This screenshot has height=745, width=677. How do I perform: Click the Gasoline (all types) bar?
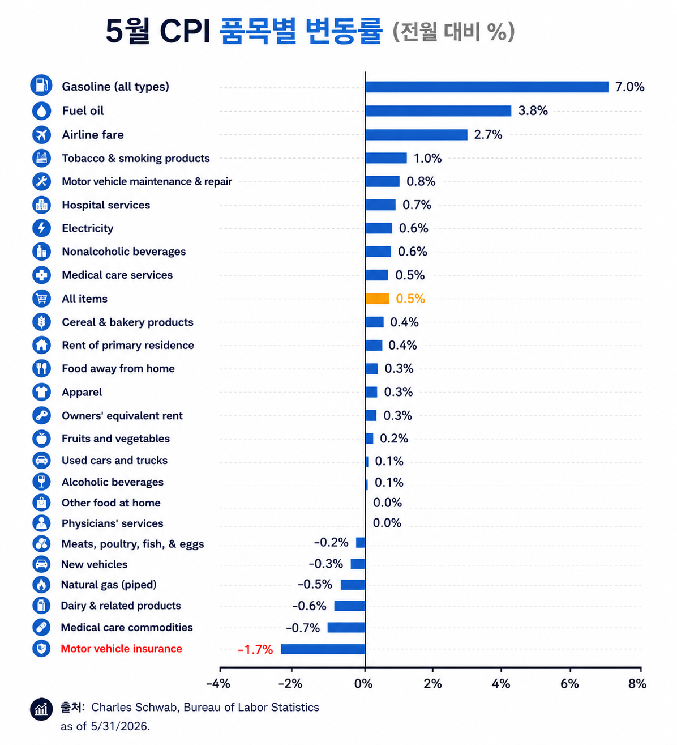click(487, 87)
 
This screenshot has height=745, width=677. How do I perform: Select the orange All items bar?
click(377, 299)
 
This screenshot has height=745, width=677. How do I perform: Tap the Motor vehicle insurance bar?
click(323, 649)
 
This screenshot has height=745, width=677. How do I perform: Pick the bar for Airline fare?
click(416, 135)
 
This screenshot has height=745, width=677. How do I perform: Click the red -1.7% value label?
click(255, 650)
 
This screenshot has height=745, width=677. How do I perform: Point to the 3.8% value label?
click(533, 110)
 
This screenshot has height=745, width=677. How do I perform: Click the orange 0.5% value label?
click(410, 299)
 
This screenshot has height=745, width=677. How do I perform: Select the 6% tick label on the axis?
click(570, 684)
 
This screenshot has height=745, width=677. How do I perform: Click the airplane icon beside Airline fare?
click(41, 134)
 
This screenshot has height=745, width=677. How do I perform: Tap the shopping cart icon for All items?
click(41, 299)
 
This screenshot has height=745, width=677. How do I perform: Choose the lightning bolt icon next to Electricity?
click(41, 228)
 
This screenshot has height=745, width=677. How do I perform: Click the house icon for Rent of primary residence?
click(41, 345)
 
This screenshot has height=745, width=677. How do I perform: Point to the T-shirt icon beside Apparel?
click(41, 392)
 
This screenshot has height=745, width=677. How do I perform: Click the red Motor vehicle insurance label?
click(121, 649)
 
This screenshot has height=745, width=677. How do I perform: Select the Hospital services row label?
click(106, 205)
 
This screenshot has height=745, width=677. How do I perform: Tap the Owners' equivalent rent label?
click(122, 416)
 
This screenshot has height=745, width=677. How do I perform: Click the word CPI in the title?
click(185, 31)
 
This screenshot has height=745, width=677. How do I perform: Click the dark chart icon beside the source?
click(41, 709)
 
